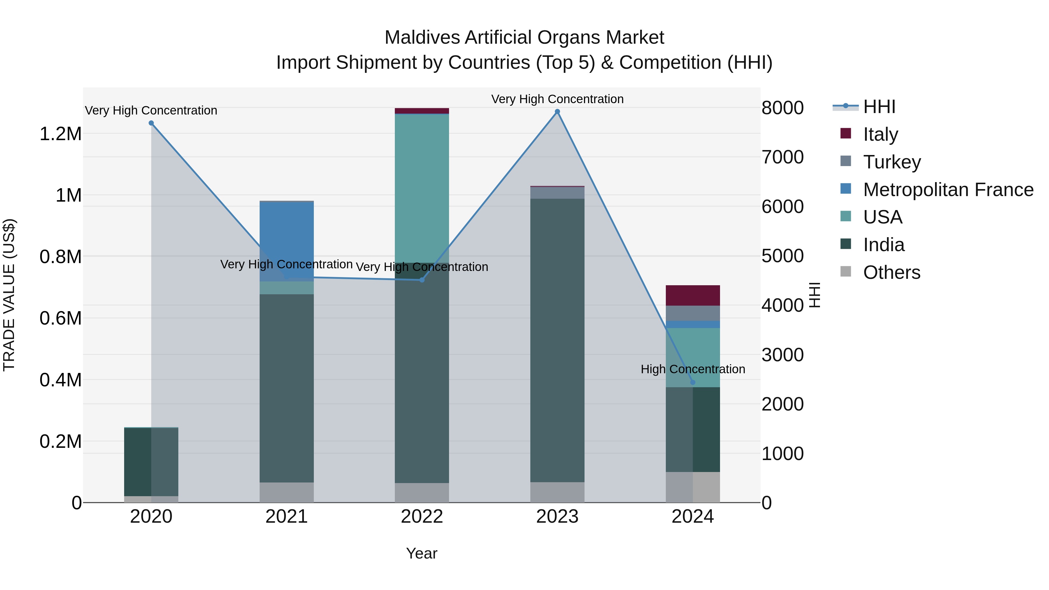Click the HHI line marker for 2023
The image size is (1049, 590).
pos(557,112)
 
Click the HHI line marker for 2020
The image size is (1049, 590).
pos(151,123)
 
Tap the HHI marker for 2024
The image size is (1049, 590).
pos(693,382)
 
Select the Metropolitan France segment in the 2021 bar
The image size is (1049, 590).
pos(287,240)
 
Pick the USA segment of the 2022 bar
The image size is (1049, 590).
pos(422,187)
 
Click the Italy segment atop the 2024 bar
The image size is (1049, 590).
pos(693,295)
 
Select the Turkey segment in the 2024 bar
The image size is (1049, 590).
pos(693,313)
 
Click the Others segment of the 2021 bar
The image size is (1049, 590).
pos(287,492)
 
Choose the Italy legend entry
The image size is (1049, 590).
pos(880,134)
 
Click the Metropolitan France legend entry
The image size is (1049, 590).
pos(948,190)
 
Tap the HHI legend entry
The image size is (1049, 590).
pos(879,107)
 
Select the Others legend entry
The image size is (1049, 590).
pos(891,272)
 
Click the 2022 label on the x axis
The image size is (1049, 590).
pos(422,517)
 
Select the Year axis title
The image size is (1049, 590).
pos(421,553)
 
